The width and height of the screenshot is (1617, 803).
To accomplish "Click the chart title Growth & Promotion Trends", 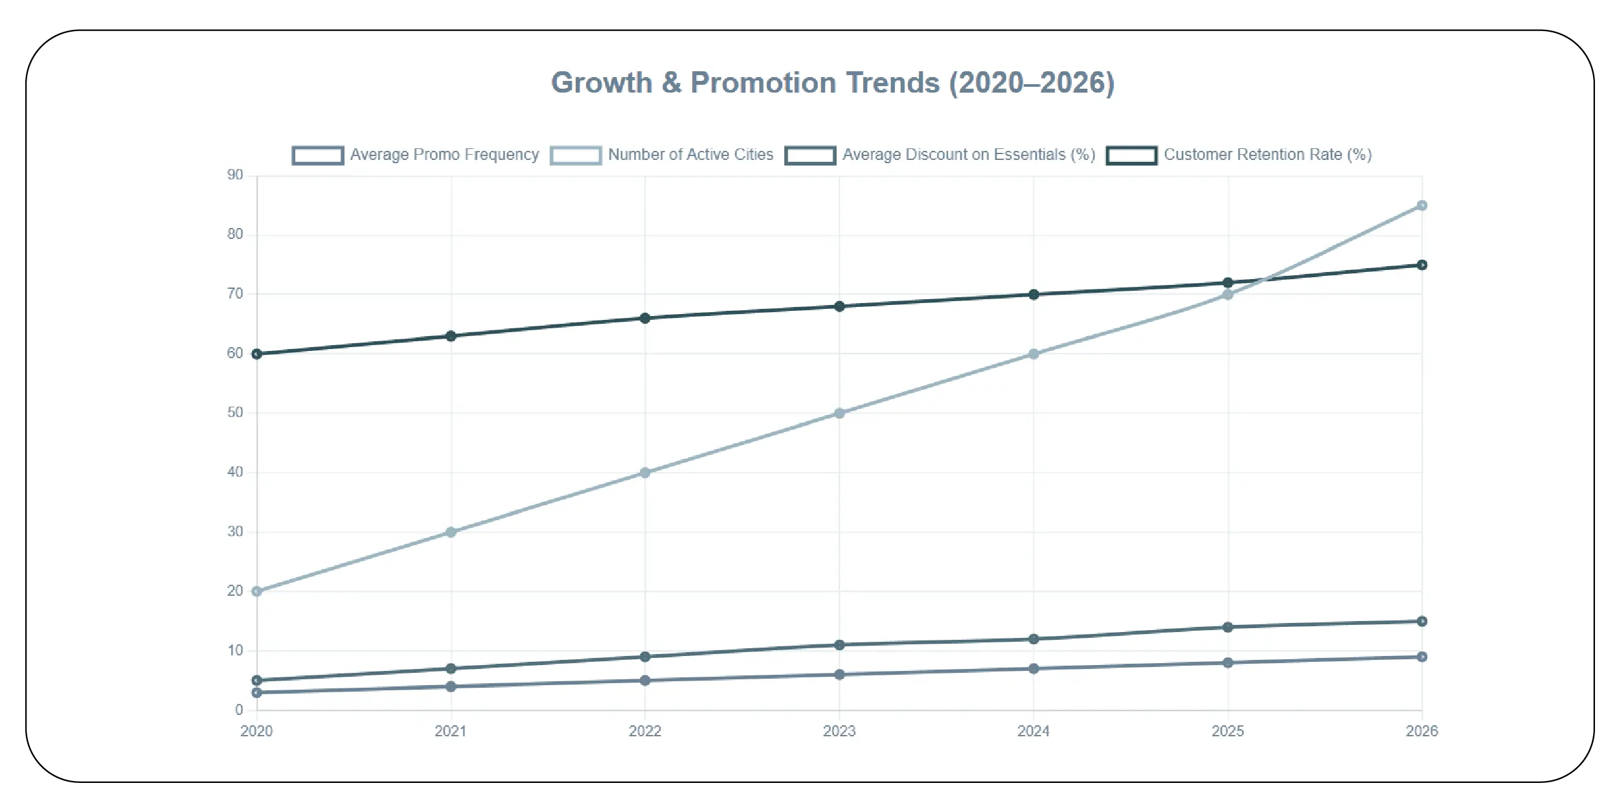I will pyautogui.click(x=833, y=83).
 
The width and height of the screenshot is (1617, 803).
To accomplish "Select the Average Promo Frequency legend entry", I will pyautogui.click(x=415, y=155).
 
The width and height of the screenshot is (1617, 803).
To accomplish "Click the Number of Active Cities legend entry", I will pyautogui.click(x=662, y=155).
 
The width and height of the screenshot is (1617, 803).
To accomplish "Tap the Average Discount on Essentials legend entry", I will pyautogui.click(x=940, y=155).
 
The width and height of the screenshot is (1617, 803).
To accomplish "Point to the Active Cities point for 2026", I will pyautogui.click(x=1422, y=205).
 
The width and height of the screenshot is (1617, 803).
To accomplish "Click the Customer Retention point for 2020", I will pyautogui.click(x=257, y=354).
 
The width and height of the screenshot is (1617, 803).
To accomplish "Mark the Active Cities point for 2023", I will pyautogui.click(x=839, y=413).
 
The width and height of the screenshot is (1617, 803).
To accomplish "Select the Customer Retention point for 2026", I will pyautogui.click(x=1422, y=265).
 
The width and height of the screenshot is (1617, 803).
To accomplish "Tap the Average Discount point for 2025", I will pyautogui.click(x=1228, y=627).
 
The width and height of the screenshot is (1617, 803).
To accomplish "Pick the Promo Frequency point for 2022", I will pyautogui.click(x=645, y=681).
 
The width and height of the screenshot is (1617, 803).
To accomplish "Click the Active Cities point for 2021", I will pyautogui.click(x=451, y=532).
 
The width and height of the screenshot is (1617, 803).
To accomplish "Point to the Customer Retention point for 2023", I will pyautogui.click(x=839, y=306).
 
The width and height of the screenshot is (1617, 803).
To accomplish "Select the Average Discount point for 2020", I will pyautogui.click(x=257, y=681).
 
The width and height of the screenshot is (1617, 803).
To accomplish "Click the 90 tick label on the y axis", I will pyautogui.click(x=235, y=175).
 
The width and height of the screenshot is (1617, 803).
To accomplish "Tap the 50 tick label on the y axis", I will pyautogui.click(x=235, y=413).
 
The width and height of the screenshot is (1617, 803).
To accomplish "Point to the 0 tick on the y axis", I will pyautogui.click(x=239, y=710).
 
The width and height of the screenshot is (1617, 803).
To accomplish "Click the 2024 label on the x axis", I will pyautogui.click(x=1034, y=731).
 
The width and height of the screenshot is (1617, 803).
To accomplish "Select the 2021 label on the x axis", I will pyautogui.click(x=451, y=731).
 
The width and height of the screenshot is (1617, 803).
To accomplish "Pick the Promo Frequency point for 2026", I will pyautogui.click(x=1422, y=657).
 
